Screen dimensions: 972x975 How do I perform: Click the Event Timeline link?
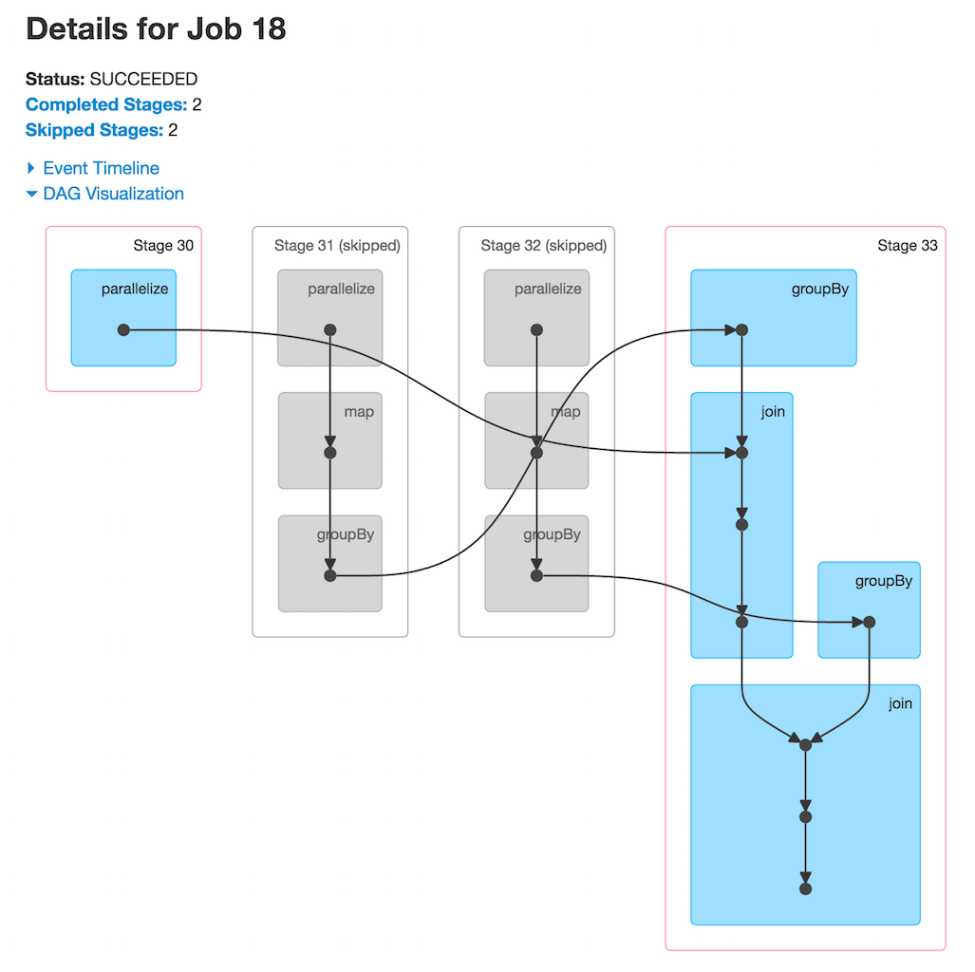pos(101,168)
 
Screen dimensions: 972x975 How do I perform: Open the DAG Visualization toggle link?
pos(113,194)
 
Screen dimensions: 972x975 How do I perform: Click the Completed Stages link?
pos(106,104)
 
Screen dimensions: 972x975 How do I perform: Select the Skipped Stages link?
pos(94,130)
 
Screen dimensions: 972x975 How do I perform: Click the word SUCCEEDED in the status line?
pos(143,79)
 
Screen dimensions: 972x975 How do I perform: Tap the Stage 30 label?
pos(163,246)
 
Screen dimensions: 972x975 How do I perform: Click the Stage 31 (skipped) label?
pos(337,246)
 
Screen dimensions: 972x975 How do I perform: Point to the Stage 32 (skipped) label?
pos(543,246)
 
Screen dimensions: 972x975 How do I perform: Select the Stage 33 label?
pos(907,246)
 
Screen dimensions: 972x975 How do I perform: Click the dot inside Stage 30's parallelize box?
pos(123,329)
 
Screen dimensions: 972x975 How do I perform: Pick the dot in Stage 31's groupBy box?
pos(330,575)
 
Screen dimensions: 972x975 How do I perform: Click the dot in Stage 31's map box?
pos(330,453)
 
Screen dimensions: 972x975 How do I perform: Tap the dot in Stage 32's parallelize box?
pos(536,329)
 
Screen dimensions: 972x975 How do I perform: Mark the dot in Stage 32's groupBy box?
pos(536,575)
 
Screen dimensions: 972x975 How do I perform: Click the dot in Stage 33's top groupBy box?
pos(742,329)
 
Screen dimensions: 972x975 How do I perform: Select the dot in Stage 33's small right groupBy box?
pos(869,622)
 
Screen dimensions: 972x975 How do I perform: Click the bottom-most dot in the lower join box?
pos(805,889)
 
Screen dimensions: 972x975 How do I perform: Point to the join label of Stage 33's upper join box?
pos(773,412)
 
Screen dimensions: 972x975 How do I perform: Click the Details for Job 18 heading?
pos(156,29)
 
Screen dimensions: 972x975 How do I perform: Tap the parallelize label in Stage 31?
pos(341,289)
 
